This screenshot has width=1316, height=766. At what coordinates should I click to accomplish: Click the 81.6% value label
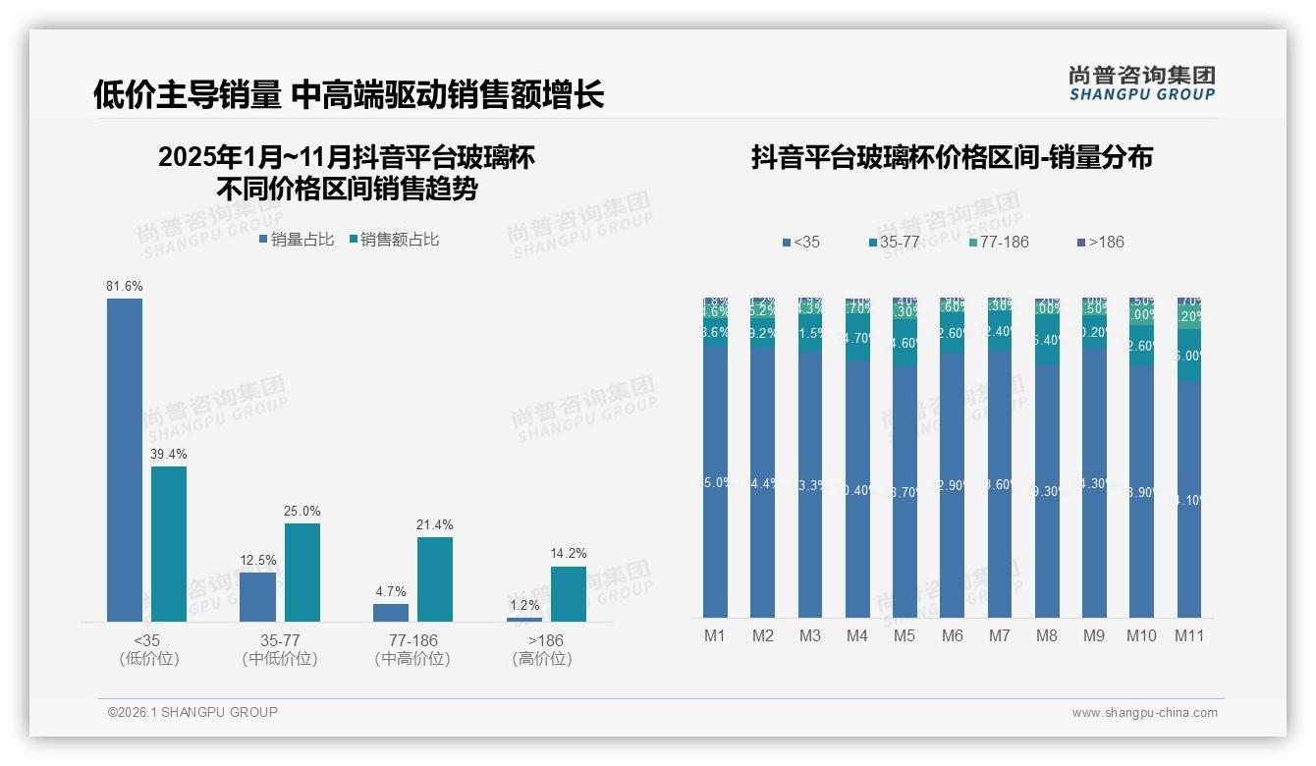(x=125, y=286)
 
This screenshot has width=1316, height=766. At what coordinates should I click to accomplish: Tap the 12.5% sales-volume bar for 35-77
(x=257, y=596)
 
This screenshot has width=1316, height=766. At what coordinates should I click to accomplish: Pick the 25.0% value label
(x=302, y=511)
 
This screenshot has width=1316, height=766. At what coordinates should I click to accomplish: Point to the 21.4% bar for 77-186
(x=435, y=578)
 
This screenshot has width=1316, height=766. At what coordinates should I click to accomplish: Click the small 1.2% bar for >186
(x=524, y=619)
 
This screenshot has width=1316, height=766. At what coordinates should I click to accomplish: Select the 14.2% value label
(x=569, y=554)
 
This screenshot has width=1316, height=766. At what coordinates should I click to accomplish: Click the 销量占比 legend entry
(x=297, y=239)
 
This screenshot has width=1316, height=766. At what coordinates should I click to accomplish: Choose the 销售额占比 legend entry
(x=394, y=239)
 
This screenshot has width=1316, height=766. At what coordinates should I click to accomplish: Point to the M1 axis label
(x=715, y=635)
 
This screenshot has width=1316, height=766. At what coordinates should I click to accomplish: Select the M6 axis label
(x=952, y=635)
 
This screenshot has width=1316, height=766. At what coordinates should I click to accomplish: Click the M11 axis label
(x=1189, y=635)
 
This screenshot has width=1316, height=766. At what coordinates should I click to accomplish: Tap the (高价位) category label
(x=541, y=659)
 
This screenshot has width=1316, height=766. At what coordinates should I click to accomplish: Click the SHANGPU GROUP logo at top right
(x=1142, y=82)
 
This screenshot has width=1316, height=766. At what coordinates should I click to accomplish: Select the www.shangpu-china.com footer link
(x=1144, y=713)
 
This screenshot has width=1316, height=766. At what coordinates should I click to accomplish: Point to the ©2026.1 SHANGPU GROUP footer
(x=192, y=712)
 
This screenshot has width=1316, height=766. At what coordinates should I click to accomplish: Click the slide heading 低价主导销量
(x=188, y=94)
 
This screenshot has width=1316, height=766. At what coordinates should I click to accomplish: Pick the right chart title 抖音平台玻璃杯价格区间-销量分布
(x=952, y=157)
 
